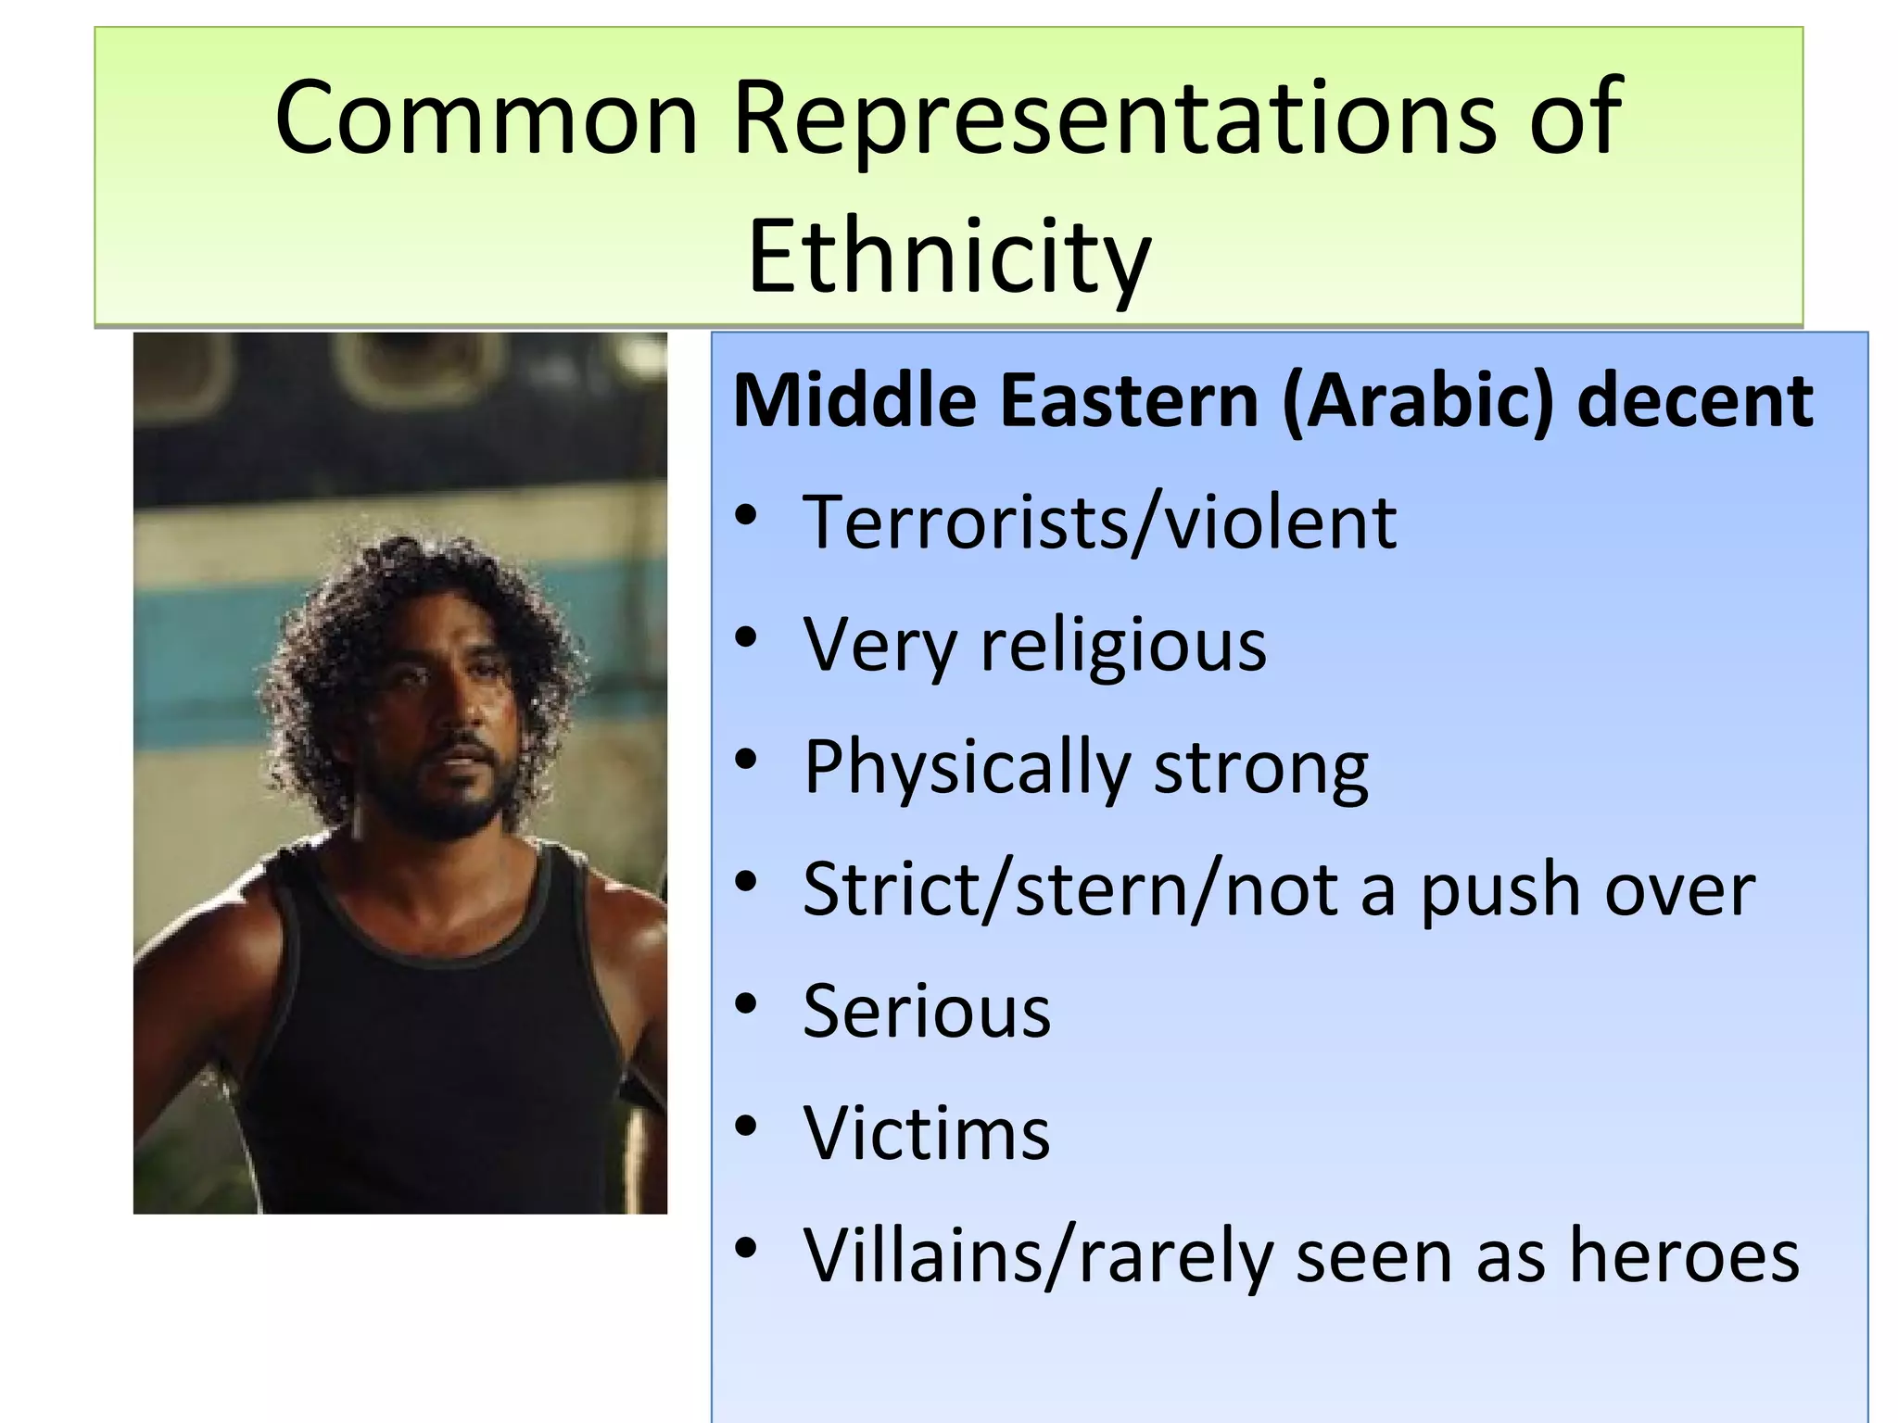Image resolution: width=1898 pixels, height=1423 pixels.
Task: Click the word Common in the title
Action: click(x=486, y=118)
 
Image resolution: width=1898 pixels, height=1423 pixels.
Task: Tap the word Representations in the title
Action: click(x=1113, y=118)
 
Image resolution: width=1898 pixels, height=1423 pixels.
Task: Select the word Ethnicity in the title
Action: click(x=948, y=255)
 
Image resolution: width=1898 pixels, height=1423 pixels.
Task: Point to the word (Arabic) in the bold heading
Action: click(x=1417, y=401)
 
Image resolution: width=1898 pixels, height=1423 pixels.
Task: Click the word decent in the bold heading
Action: click(x=1695, y=401)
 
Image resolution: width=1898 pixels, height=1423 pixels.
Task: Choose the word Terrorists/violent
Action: click(x=1099, y=523)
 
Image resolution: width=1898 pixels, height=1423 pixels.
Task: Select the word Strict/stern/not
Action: click(x=1070, y=889)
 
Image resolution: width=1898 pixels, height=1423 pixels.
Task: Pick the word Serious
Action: click(x=927, y=1011)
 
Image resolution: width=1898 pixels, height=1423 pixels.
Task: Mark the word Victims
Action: click(x=927, y=1133)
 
